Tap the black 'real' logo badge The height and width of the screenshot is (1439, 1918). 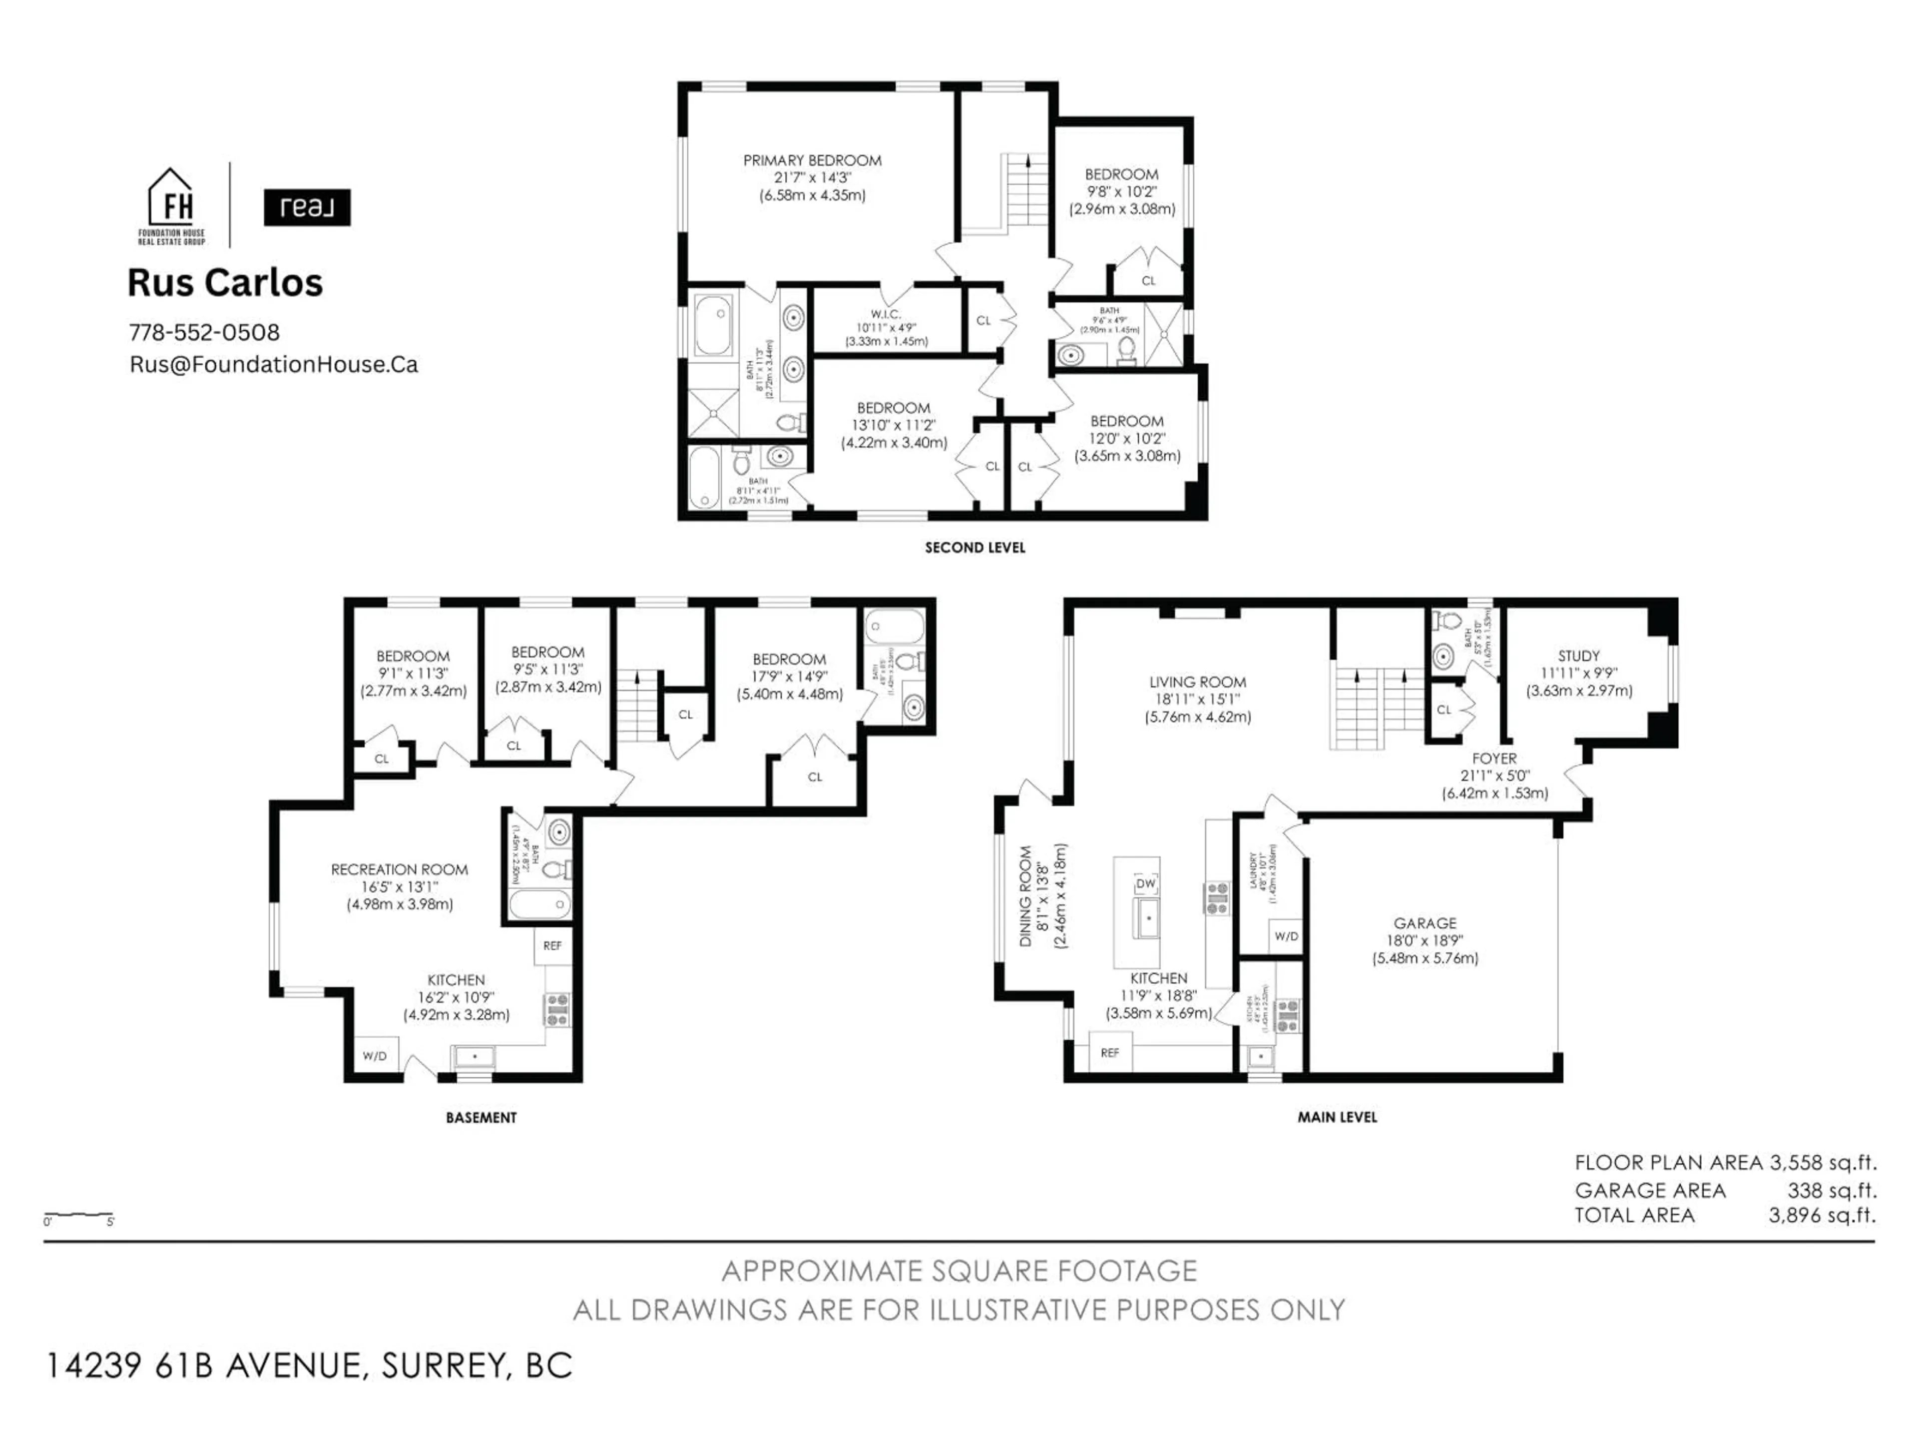pos(307,207)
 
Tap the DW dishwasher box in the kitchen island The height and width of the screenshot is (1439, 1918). pos(1145,883)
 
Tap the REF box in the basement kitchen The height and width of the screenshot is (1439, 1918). pos(552,945)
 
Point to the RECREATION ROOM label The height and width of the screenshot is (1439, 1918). pos(399,869)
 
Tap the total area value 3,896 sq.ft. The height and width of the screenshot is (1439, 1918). pos(1822,1215)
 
